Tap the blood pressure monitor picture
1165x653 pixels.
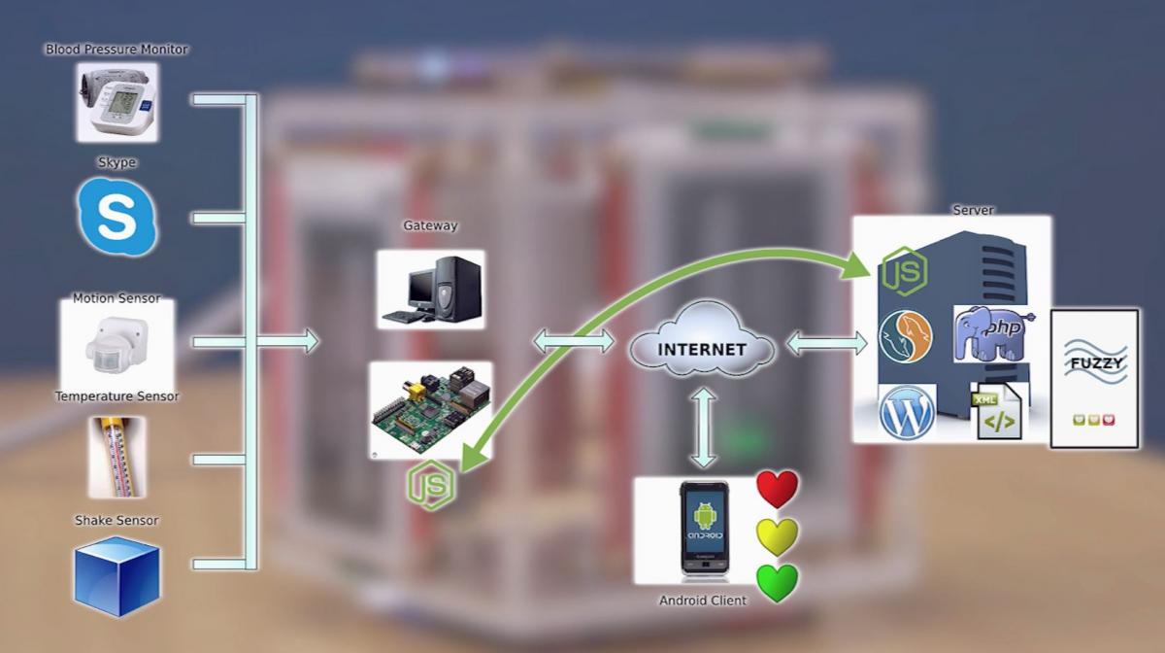pyautogui.click(x=116, y=102)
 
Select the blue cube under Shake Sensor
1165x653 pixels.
pyautogui.click(x=116, y=576)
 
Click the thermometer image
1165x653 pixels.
pyautogui.click(x=116, y=457)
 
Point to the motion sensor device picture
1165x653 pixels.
pyautogui.click(x=116, y=345)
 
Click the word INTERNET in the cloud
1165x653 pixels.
pyautogui.click(x=702, y=349)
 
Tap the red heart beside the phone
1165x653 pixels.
pyautogui.click(x=777, y=489)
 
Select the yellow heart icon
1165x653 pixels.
pyautogui.click(x=777, y=535)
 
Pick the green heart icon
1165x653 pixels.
pyautogui.click(x=777, y=583)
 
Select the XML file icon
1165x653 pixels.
pyautogui.click(x=999, y=414)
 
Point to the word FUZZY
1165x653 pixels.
pyautogui.click(x=1094, y=363)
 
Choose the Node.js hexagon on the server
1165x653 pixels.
pyautogui.click(x=904, y=271)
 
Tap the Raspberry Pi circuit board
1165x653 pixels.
pyautogui.click(x=430, y=409)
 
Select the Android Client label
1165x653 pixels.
pyautogui.click(x=703, y=601)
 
